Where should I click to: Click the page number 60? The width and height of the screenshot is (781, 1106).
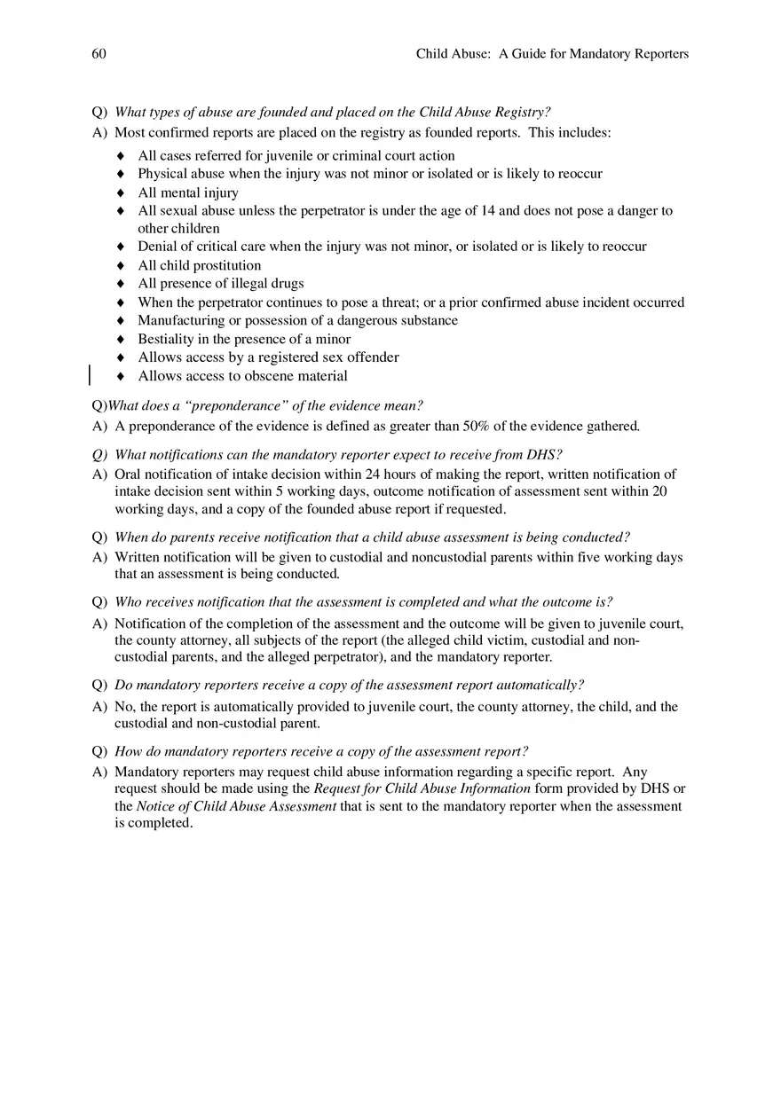[99, 54]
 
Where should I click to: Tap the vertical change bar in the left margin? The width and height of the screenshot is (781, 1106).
[90, 375]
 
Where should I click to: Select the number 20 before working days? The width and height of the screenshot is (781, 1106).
[659, 491]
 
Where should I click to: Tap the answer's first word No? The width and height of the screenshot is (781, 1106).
[125, 707]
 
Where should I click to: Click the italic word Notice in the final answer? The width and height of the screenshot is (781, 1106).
[155, 806]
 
